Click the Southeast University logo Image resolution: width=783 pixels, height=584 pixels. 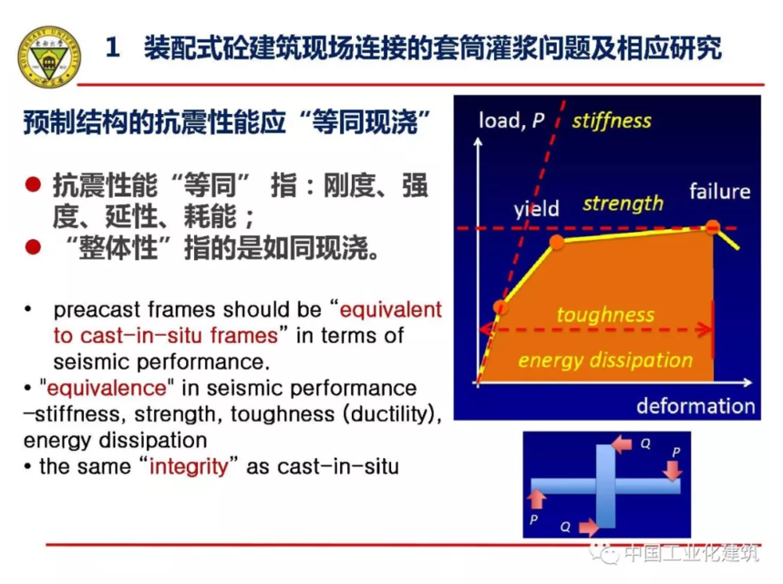49,57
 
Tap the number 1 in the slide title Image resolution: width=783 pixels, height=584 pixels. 113,48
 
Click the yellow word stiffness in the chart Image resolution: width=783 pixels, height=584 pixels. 612,120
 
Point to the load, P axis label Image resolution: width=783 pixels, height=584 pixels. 511,120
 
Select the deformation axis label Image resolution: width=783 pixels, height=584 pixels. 695,405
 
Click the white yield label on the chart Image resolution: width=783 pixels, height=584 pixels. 537,208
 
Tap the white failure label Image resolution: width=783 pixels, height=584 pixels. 719,191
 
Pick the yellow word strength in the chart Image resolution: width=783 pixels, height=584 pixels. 623,203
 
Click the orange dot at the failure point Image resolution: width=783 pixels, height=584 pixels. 713,227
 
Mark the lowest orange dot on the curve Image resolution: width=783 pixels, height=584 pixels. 500,307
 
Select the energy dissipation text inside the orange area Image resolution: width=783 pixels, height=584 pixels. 605,360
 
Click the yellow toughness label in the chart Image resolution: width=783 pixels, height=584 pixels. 605,315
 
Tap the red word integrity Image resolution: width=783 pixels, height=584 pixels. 189,466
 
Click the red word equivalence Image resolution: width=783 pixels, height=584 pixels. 107,388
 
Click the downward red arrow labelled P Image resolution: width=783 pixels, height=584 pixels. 674,470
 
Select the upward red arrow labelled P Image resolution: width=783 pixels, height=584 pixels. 536,499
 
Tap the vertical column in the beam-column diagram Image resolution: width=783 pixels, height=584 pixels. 606,486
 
